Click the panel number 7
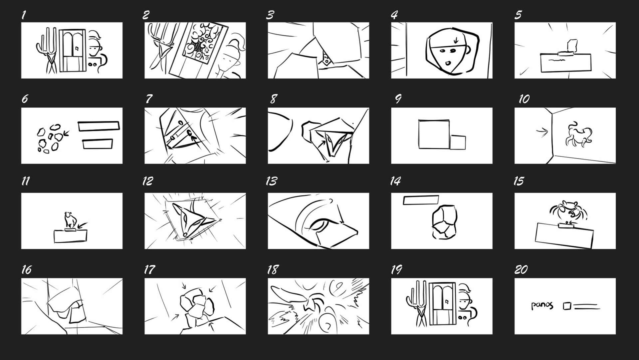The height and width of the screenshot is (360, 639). (149, 99)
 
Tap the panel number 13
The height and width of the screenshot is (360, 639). (272, 181)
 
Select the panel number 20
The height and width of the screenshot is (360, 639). (521, 269)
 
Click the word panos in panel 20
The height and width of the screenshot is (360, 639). (542, 305)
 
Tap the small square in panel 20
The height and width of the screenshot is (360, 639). (567, 306)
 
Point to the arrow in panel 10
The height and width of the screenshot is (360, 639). (542, 132)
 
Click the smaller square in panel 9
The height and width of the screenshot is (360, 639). (458, 142)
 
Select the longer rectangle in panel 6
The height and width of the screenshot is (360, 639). (99, 126)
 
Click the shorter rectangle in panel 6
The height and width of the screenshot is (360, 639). (97, 144)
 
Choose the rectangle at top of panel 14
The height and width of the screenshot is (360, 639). (421, 200)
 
